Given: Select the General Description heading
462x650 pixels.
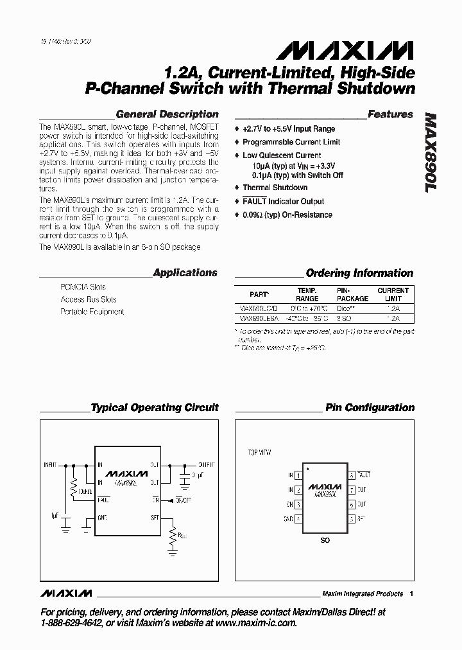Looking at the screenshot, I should pyautogui.click(x=167, y=114).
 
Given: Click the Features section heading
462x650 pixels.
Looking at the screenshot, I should pyautogui.click(x=390, y=114).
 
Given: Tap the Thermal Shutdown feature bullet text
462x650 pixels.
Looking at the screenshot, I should pyautogui.click(x=275, y=188).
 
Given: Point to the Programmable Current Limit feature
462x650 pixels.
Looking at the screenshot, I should pyautogui.click(x=291, y=142).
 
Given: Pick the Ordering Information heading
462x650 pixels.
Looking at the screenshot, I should pyautogui.click(x=359, y=273).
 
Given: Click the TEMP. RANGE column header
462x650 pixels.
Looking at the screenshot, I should pyautogui.click(x=307, y=295).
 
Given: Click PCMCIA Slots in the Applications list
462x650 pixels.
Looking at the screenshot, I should pyautogui.click(x=83, y=287).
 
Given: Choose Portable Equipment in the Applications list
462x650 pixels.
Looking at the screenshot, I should pyautogui.click(x=92, y=312).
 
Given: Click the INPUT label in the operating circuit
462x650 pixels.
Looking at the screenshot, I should pyautogui.click(x=50, y=464).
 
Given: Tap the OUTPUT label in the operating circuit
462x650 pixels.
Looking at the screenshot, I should pyautogui.click(x=207, y=464).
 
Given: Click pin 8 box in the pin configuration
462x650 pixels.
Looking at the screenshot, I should pyautogui.click(x=352, y=475).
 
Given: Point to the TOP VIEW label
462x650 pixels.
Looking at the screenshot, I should pyautogui.click(x=260, y=452).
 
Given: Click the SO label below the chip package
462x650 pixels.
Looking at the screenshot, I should pyautogui.click(x=325, y=540).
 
